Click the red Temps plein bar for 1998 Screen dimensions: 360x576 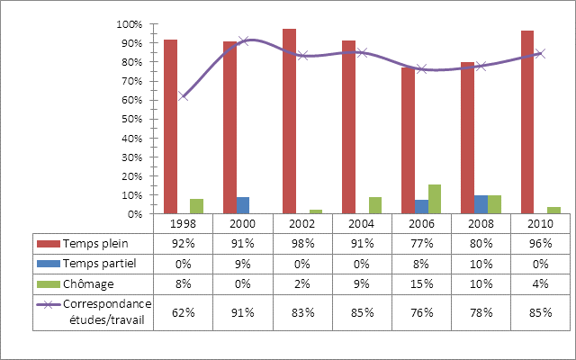click(170, 127)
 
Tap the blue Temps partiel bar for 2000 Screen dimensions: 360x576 click(243, 205)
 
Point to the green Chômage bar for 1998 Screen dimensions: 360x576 click(197, 206)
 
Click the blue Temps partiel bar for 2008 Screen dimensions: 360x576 click(481, 204)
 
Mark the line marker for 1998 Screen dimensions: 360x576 click(184, 95)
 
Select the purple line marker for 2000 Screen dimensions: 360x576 click(243, 41)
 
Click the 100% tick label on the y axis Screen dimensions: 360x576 click(130, 24)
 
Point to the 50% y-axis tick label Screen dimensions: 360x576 click(132, 120)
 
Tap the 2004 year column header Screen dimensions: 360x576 click(362, 222)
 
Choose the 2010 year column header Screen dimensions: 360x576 click(540, 222)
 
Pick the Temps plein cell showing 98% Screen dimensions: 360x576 click(302, 243)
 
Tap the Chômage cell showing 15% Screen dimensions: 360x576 click(421, 283)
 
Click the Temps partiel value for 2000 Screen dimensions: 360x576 click(243, 263)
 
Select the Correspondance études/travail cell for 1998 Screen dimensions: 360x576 click(184, 312)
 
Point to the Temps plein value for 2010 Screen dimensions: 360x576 click(540, 243)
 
